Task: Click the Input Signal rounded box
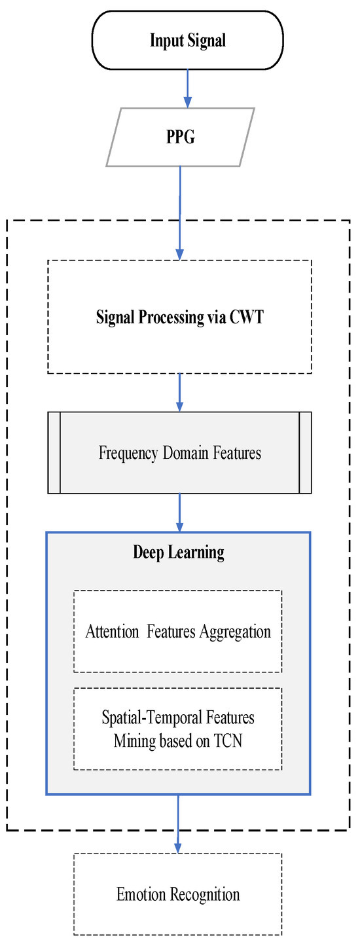pos(188,41)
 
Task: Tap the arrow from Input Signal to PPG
pos(188,88)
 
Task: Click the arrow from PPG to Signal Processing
pos(179,209)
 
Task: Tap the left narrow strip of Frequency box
pos(54,452)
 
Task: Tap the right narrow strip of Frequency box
pos(304,452)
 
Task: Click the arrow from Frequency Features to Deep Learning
pos(179,512)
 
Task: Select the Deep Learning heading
pos(179,552)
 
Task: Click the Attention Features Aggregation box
pos(178,631)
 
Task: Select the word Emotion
pos(139,894)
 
